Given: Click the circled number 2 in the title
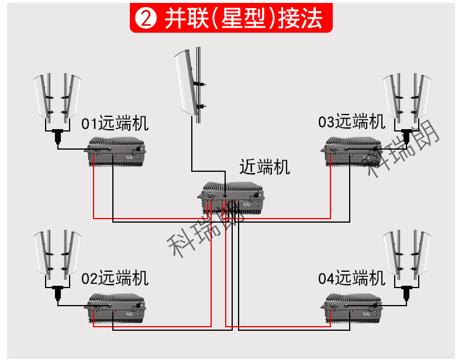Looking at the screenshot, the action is point(145,18).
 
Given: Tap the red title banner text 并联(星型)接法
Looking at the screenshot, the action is point(243,18).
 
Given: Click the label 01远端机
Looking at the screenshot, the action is point(115,123).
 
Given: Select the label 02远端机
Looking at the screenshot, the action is point(115,278).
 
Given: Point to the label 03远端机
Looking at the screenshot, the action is point(351,122).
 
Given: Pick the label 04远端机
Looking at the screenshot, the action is point(351,278).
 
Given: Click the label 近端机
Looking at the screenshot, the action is point(264,167).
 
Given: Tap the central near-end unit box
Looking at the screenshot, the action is point(230,198).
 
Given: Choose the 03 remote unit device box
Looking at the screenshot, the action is point(351,151).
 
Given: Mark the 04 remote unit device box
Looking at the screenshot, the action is point(351,308).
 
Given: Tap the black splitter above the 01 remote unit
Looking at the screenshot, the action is point(58,136).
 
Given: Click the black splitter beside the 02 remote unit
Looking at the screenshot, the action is point(58,293).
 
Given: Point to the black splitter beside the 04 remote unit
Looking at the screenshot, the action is point(406,293).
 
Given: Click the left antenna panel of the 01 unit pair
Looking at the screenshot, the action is point(43,96).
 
